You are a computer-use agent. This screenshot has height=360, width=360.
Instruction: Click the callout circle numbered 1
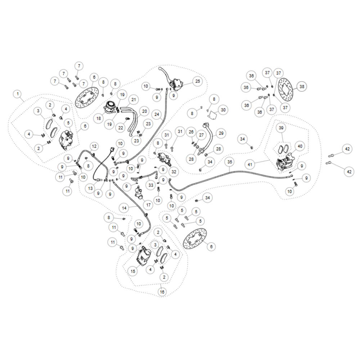pyautogui.click(x=17, y=94)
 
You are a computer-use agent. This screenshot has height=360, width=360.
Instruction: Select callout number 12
pyautogui.click(x=94, y=146)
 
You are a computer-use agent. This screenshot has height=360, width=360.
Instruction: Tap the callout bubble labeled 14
pyautogui.click(x=124, y=208)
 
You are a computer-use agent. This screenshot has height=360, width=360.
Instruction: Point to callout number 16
pyautogui.click(x=162, y=292)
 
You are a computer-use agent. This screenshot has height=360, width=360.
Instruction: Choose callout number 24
pyautogui.click(x=157, y=114)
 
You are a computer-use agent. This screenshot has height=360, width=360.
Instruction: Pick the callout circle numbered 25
pyautogui.click(x=197, y=81)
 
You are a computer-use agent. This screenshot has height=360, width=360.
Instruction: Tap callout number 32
pyautogui.click(x=174, y=172)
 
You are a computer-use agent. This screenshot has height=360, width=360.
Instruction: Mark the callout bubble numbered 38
pyautogui.click(x=302, y=86)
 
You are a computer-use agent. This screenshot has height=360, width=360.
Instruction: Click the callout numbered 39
pyautogui.click(x=281, y=128)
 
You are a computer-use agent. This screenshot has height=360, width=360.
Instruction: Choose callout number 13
pyautogui.click(x=90, y=188)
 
